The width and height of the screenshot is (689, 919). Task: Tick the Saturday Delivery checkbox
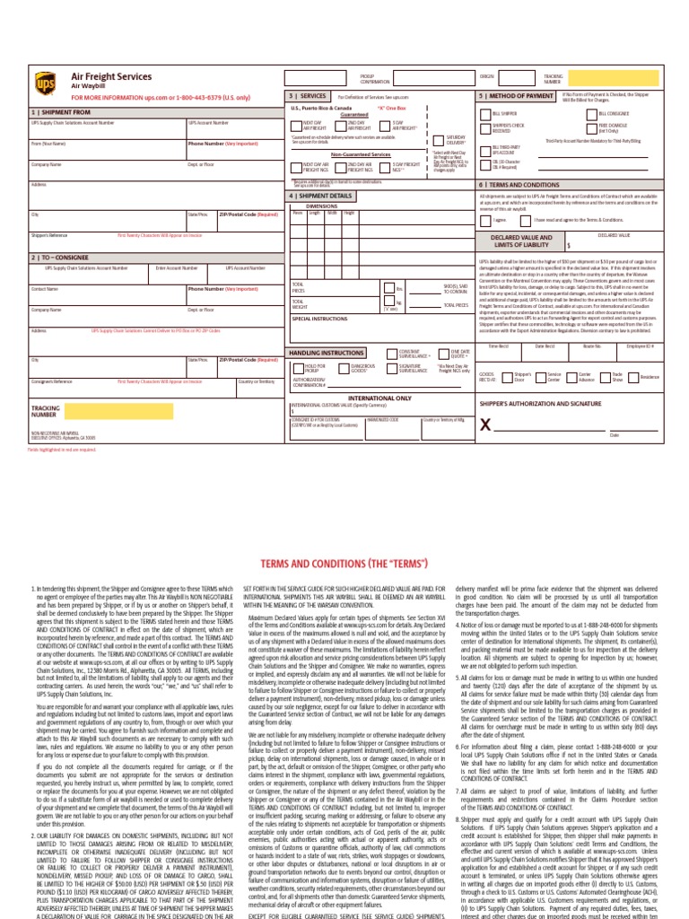point(437,142)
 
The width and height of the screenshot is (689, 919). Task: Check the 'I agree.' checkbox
point(487,218)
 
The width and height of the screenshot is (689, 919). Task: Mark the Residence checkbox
point(633,378)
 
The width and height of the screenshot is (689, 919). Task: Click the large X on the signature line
point(486,425)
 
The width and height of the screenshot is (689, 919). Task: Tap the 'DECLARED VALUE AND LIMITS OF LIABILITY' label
point(520,241)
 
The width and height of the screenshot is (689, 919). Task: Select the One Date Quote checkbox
point(444,354)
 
